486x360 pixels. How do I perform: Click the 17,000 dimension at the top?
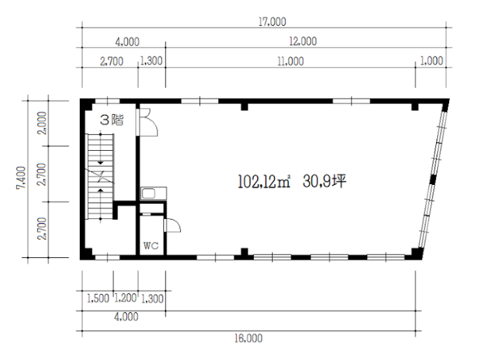coord(272,22)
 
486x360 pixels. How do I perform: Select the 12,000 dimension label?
coord(303,41)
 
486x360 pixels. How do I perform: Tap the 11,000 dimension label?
coord(291,61)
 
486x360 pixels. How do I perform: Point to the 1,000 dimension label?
coord(432,60)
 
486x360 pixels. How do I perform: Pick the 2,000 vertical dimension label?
coord(42,123)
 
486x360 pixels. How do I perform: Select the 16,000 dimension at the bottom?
coord(248,338)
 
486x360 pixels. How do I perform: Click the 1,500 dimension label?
coord(98,299)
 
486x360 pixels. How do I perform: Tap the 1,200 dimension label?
coord(126,298)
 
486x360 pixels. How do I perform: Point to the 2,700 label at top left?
coord(111,61)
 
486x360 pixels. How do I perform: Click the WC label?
coord(151,246)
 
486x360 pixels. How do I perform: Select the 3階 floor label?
coord(112,120)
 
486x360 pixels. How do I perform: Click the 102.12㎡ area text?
coord(264,181)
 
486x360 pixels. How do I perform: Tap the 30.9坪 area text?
coord(324,181)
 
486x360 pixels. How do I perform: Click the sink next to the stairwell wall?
coord(154,194)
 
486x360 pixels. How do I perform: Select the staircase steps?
coord(100,177)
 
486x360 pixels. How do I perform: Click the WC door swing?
coord(172,225)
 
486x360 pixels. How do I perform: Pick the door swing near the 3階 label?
coord(148,122)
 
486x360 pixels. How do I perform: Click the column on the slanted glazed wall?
coord(432,180)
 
